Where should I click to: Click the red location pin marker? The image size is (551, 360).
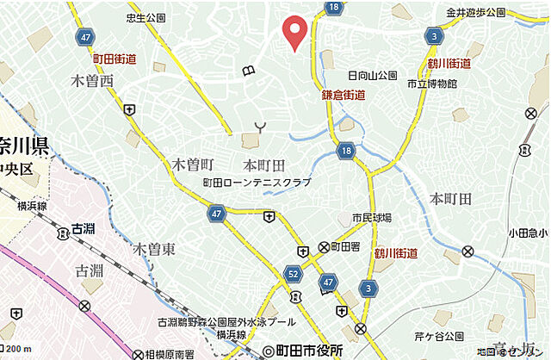(x=295, y=31)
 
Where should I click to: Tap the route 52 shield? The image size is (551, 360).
(x=293, y=274)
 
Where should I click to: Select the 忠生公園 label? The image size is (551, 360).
(x=145, y=17)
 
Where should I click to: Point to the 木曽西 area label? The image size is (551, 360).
(x=92, y=81)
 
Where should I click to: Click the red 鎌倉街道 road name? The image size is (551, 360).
(x=343, y=95)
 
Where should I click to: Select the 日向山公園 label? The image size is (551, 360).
(x=371, y=75)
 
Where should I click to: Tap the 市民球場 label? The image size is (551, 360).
(x=357, y=217)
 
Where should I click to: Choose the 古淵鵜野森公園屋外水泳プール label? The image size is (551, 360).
(x=214, y=322)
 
